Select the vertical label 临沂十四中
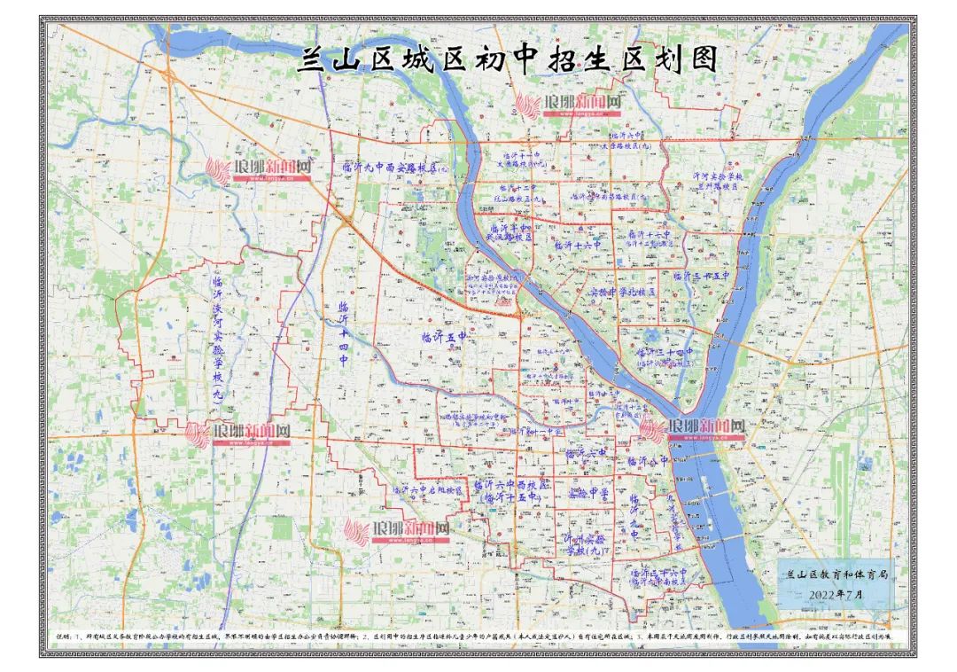tap(345, 335)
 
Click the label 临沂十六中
tap(577, 245)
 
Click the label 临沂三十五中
tap(700, 277)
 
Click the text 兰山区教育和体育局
tap(836, 574)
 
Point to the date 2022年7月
tap(837, 595)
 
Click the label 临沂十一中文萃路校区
tap(521, 160)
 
